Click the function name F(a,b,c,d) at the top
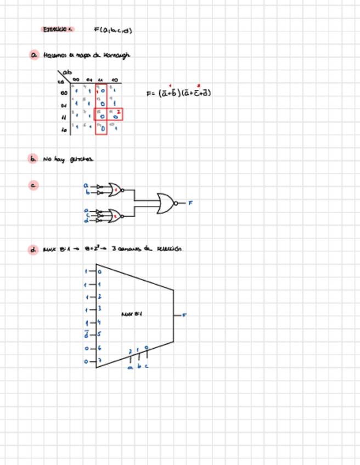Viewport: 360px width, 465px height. coord(113,30)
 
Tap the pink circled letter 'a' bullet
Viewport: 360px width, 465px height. coord(34,55)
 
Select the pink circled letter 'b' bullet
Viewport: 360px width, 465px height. coord(34,159)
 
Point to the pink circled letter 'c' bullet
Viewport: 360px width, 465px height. coord(34,185)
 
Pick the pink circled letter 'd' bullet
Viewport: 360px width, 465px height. coord(34,249)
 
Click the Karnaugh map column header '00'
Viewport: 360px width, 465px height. coord(76,79)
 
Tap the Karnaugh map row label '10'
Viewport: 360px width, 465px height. coord(64,129)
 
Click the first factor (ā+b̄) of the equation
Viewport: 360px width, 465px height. coord(167,93)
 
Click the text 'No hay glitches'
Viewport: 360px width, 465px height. coord(68,159)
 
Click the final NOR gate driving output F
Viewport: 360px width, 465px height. coord(166,203)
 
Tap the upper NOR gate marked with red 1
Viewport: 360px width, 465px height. coord(115,190)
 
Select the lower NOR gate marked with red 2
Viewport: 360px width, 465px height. coord(115,216)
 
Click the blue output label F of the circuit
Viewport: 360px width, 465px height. coord(191,203)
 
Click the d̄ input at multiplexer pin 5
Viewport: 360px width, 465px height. coord(86,334)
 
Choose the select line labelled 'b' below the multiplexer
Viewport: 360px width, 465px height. coord(138,366)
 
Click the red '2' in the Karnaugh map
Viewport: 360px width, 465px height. coord(119,111)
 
